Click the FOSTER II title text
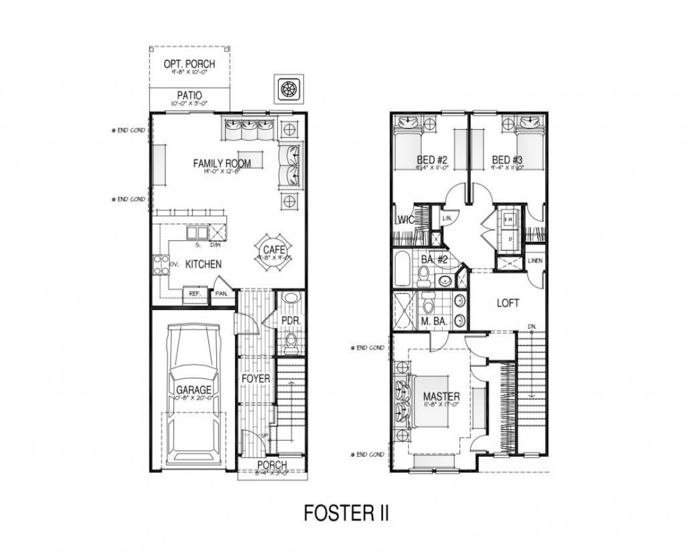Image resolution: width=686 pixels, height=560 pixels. pyautogui.click(x=346, y=513)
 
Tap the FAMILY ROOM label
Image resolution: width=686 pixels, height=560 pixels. pyautogui.click(x=222, y=163)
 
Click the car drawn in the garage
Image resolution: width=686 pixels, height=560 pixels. pyautogui.click(x=194, y=395)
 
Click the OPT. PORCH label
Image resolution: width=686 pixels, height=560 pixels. pyautogui.click(x=189, y=64)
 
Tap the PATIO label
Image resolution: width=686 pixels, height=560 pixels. pyautogui.click(x=190, y=96)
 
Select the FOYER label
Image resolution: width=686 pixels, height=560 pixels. pyautogui.click(x=255, y=379)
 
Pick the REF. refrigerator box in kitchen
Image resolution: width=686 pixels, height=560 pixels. pyautogui.click(x=195, y=294)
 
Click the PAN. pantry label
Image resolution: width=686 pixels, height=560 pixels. pyautogui.click(x=220, y=294)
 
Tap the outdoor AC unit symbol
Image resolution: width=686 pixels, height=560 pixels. pyautogui.click(x=289, y=88)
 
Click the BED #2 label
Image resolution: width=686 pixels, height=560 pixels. pyautogui.click(x=431, y=159)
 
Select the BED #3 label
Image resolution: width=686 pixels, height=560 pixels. pyautogui.click(x=507, y=159)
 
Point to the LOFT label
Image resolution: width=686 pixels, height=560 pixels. pyautogui.click(x=508, y=303)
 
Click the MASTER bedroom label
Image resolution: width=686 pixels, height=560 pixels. pyautogui.click(x=440, y=397)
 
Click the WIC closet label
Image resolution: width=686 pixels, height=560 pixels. pyautogui.click(x=404, y=219)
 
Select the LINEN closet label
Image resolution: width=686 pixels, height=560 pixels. pyautogui.click(x=535, y=261)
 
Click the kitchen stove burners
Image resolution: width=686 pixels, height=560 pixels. pyautogui.click(x=161, y=264)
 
